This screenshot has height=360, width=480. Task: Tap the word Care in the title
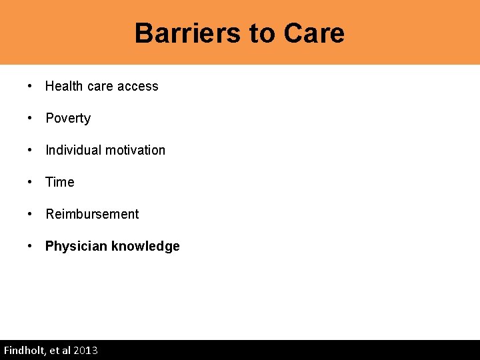pyautogui.click(x=314, y=33)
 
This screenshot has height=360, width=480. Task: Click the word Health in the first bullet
pyautogui.click(x=64, y=86)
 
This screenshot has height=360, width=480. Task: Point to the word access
pyautogui.click(x=137, y=86)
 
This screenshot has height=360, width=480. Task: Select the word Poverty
pyautogui.click(x=68, y=118)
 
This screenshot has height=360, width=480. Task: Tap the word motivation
pyautogui.click(x=135, y=150)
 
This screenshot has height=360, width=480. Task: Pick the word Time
pyautogui.click(x=60, y=182)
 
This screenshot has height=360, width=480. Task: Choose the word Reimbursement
pyautogui.click(x=92, y=214)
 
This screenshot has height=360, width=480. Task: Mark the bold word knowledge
pyautogui.click(x=145, y=246)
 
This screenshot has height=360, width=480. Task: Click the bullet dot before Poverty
pyautogui.click(x=31, y=118)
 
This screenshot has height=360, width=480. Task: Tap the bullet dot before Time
pyautogui.click(x=31, y=182)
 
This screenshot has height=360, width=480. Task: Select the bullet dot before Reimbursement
pyautogui.click(x=31, y=214)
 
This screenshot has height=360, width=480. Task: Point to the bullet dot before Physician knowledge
pyautogui.click(x=31, y=246)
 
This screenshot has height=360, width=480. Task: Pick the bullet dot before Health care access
pyautogui.click(x=31, y=86)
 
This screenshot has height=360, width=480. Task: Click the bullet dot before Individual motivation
pyautogui.click(x=31, y=150)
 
